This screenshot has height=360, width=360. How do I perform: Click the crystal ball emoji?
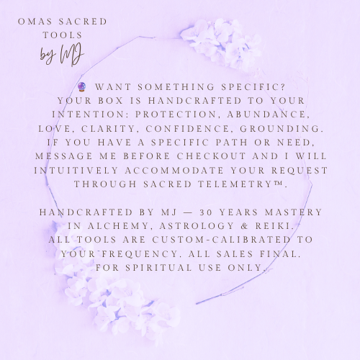82,86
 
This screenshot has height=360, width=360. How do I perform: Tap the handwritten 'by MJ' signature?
62,55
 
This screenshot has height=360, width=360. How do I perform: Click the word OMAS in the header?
35,22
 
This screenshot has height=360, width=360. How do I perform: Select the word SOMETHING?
176,87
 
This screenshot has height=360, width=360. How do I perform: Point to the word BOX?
111,101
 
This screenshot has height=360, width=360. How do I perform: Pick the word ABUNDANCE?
269,114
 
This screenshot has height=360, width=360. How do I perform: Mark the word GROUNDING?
282,129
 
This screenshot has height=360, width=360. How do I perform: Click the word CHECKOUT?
212,156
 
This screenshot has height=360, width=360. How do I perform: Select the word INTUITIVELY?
76,171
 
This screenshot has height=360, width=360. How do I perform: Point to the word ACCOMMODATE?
174,171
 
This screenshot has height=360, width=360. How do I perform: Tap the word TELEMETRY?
235,184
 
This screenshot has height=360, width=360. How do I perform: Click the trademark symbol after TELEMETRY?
278,184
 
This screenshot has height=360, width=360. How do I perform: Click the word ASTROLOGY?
197,226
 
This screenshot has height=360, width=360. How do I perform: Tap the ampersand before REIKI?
245,226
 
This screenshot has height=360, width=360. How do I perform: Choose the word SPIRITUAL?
158,268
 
